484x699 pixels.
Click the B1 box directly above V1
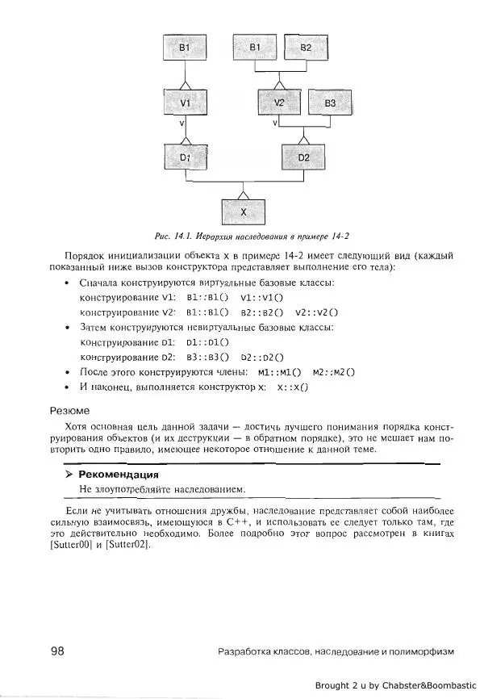[185, 49]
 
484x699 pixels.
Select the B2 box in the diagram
[305, 48]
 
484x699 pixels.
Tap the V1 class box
[185, 103]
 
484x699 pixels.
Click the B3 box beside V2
[330, 103]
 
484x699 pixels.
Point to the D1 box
[185, 157]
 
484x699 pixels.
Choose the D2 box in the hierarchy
[303, 157]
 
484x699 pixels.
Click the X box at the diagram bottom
[244, 211]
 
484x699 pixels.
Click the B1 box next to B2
[255, 48]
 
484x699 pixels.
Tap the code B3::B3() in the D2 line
[207, 356]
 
